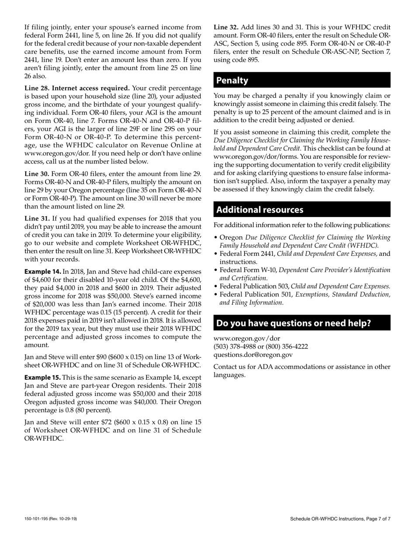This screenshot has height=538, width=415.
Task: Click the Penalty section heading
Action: [x=232, y=80]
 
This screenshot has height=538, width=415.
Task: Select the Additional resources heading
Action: [x=260, y=210]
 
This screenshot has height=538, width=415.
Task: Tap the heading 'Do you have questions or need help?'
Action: [x=294, y=323]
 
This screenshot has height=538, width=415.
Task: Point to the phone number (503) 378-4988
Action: [x=234, y=347]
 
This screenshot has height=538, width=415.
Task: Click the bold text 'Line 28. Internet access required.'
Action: [x=77, y=88]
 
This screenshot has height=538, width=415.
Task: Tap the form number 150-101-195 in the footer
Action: [x=39, y=519]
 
